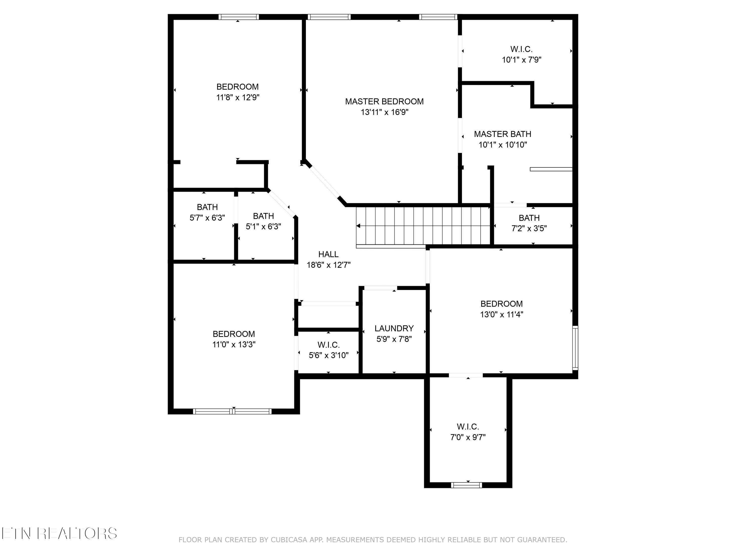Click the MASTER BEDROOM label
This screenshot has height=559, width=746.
pyautogui.click(x=384, y=101)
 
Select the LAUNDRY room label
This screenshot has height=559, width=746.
pyautogui.click(x=394, y=328)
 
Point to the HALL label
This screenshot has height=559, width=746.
pyautogui.click(x=328, y=254)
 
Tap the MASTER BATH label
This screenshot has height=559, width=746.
pyautogui.click(x=503, y=134)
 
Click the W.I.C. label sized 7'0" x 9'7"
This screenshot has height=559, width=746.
pyautogui.click(x=468, y=427)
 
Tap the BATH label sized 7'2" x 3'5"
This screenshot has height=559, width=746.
pyautogui.click(x=529, y=218)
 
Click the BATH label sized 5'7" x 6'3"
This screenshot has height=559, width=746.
pyautogui.click(x=207, y=207)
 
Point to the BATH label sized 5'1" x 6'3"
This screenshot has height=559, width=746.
pyautogui.click(x=263, y=216)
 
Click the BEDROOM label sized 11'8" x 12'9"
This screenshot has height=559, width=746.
pyautogui.click(x=237, y=87)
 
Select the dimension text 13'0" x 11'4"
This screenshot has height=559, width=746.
pyautogui.click(x=502, y=314)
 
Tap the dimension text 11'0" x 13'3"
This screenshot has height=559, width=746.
pyautogui.click(x=234, y=344)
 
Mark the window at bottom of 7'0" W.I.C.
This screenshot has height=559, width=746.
pyautogui.click(x=466, y=485)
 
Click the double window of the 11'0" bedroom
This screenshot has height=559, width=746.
pyautogui.click(x=232, y=411)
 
